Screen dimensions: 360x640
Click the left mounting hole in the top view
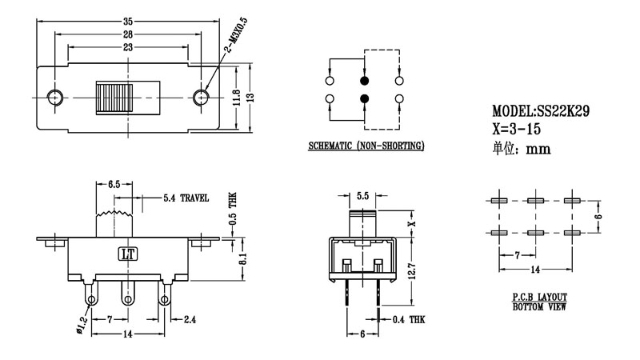pyautogui.click(x=54, y=98)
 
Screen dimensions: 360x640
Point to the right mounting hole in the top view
pyautogui.click(x=202, y=98)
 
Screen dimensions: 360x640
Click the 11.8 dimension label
pyautogui.click(x=238, y=98)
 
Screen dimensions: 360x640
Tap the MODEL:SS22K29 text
pyautogui.click(x=541, y=113)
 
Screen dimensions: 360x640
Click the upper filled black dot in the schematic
pyautogui.click(x=365, y=81)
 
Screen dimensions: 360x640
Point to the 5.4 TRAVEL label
pyautogui.click(x=186, y=197)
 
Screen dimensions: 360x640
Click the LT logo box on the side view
pyautogui.click(x=128, y=255)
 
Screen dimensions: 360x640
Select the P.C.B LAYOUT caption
pyautogui.click(x=534, y=298)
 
